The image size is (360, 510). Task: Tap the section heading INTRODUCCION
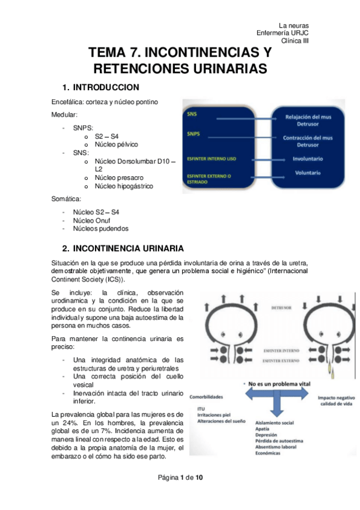[106, 87]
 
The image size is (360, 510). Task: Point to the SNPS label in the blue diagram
[194, 133]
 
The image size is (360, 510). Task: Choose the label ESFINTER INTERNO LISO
[212, 159]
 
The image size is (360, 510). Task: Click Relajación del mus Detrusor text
[308, 121]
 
